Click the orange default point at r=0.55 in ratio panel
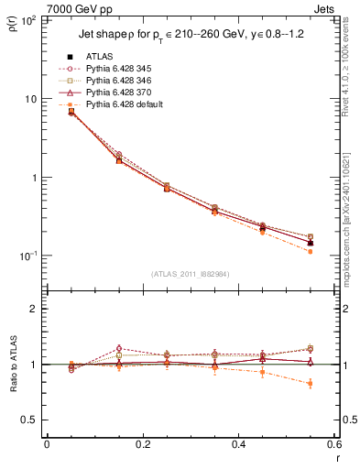tap(311, 383)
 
